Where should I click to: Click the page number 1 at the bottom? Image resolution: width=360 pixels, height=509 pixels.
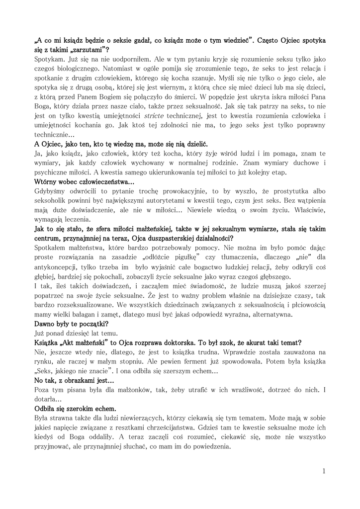(x=324, y=471)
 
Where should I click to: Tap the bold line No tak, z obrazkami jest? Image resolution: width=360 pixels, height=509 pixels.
(x=74, y=380)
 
